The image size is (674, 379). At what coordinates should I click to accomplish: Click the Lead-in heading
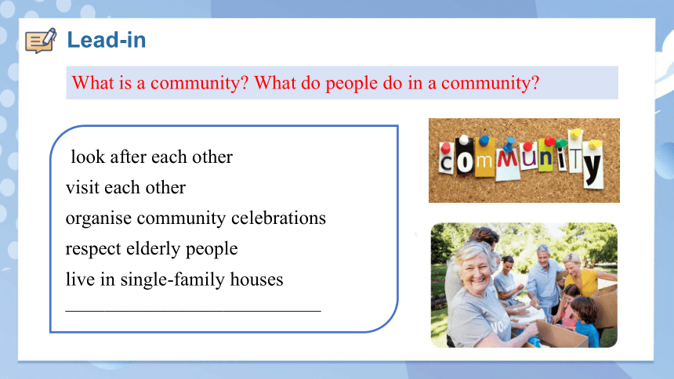[x=107, y=40]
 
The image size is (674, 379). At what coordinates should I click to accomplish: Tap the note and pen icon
[x=41, y=41]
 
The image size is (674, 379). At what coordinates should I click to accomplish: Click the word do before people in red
[x=310, y=82]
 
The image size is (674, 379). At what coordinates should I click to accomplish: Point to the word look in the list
[x=88, y=157]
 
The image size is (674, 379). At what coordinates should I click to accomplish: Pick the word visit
[x=82, y=187]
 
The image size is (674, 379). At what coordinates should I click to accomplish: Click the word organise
[x=99, y=218]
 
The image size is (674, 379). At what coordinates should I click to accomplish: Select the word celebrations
[x=278, y=218]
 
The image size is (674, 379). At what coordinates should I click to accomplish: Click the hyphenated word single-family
[x=172, y=280]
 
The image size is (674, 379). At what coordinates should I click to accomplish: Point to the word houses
[x=256, y=280]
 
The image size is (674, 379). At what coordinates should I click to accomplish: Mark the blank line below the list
[x=193, y=310]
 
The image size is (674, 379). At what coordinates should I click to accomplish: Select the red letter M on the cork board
[x=508, y=158]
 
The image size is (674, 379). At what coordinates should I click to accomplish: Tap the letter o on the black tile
[x=465, y=162]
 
